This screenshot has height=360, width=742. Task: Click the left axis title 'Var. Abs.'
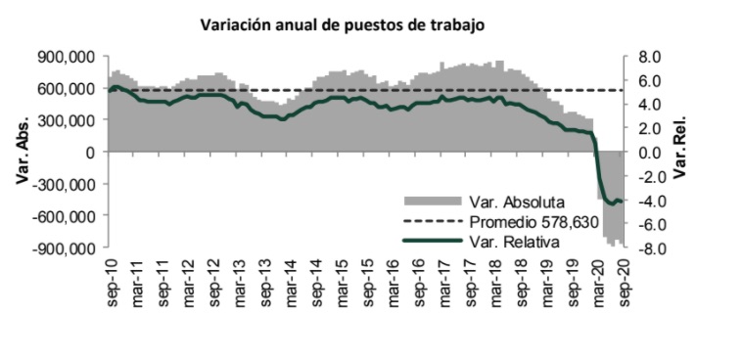(x=21, y=153)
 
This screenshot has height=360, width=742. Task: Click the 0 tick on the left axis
(x=91, y=153)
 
